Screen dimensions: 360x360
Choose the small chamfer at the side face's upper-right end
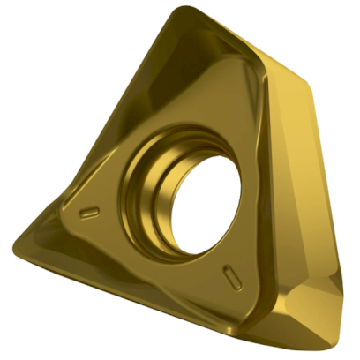pos(304,84)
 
